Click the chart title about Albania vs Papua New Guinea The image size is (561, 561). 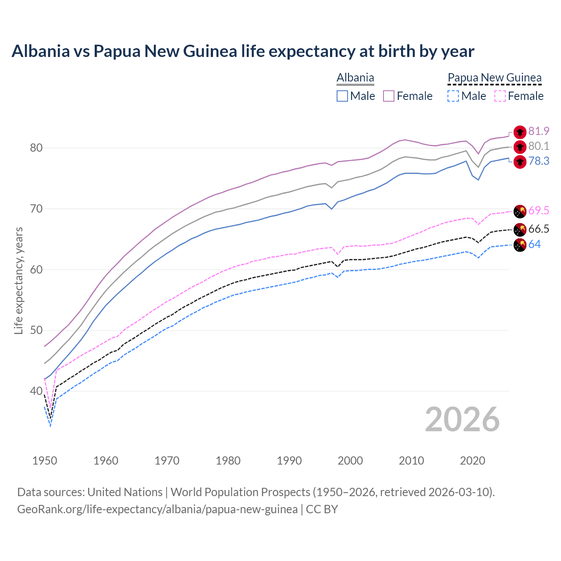243,51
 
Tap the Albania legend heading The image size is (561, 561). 355,78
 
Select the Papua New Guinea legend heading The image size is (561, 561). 494,78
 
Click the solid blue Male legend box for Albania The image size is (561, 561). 342,96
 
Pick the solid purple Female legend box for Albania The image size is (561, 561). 389,96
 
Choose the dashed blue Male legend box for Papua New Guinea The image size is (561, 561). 453,96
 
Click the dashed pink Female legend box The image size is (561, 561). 500,96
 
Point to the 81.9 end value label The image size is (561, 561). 539,131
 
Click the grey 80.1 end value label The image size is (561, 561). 539,146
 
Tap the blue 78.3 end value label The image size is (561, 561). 539,161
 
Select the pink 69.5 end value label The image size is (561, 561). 539,210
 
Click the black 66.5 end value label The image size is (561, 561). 539,229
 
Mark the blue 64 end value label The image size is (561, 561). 535,244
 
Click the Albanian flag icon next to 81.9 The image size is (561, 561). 520,131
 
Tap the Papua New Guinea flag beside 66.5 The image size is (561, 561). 520,229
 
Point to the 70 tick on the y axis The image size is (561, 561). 36,209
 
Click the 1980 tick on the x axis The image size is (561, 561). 228,461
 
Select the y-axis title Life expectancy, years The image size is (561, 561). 18,280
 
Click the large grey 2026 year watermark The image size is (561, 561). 462,419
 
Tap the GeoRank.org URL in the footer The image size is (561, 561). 157,509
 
